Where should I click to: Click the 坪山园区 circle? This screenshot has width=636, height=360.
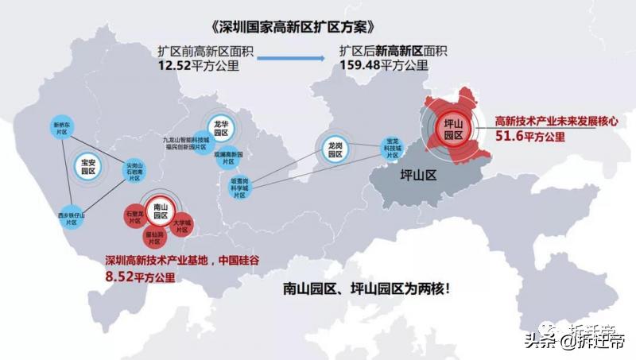pyautogui.click(x=453, y=127)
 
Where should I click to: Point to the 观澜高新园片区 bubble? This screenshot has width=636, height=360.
pyautogui.click(x=227, y=157)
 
